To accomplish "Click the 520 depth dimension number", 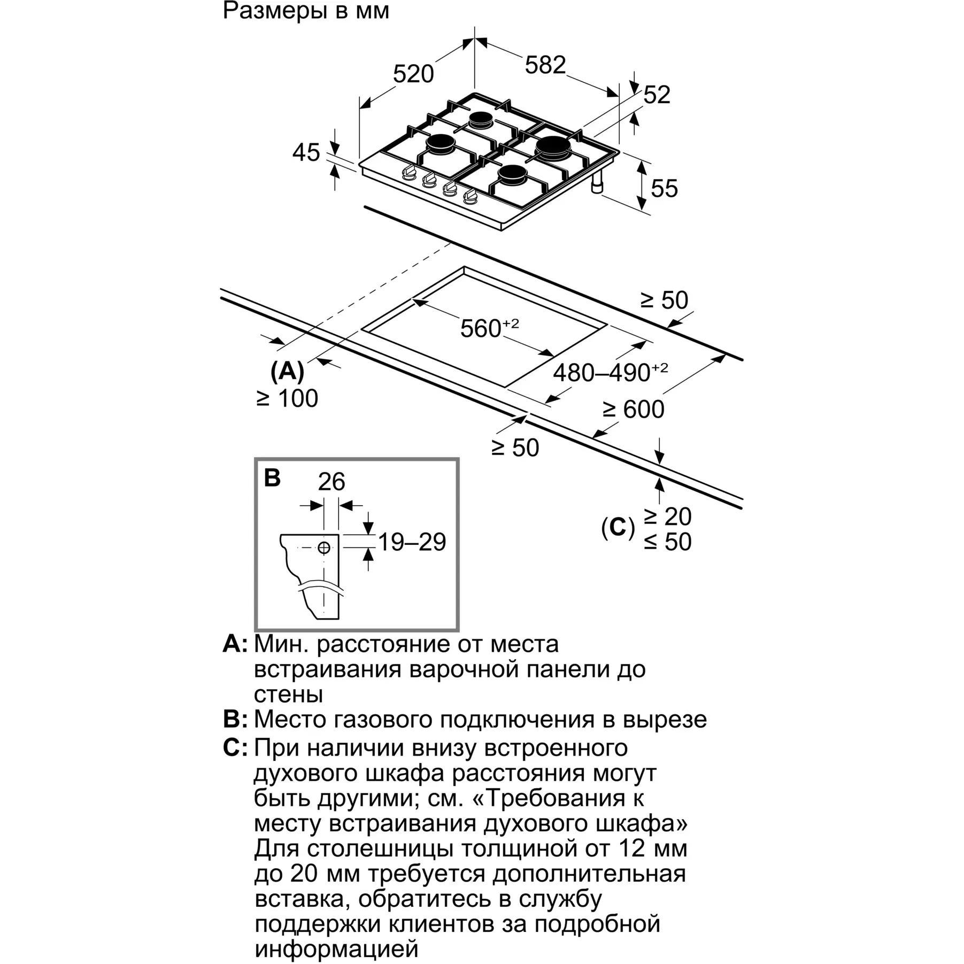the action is (413, 74).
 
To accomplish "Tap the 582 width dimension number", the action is (545, 65).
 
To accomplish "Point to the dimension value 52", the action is (657, 95).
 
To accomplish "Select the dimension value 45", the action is (306, 152).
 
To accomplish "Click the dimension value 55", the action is (664, 189).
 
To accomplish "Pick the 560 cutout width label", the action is (489, 327).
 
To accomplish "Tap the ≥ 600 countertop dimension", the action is (634, 410).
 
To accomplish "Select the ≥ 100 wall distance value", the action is (287, 398).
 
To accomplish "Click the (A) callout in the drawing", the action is (287, 371).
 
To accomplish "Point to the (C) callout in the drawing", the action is (618, 528).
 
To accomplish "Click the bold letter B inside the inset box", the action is (272, 477).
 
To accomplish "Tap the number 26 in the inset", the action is (331, 482).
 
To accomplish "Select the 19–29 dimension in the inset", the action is (412, 542).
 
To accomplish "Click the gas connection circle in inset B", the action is (324, 547).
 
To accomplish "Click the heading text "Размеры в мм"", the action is (306, 11).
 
